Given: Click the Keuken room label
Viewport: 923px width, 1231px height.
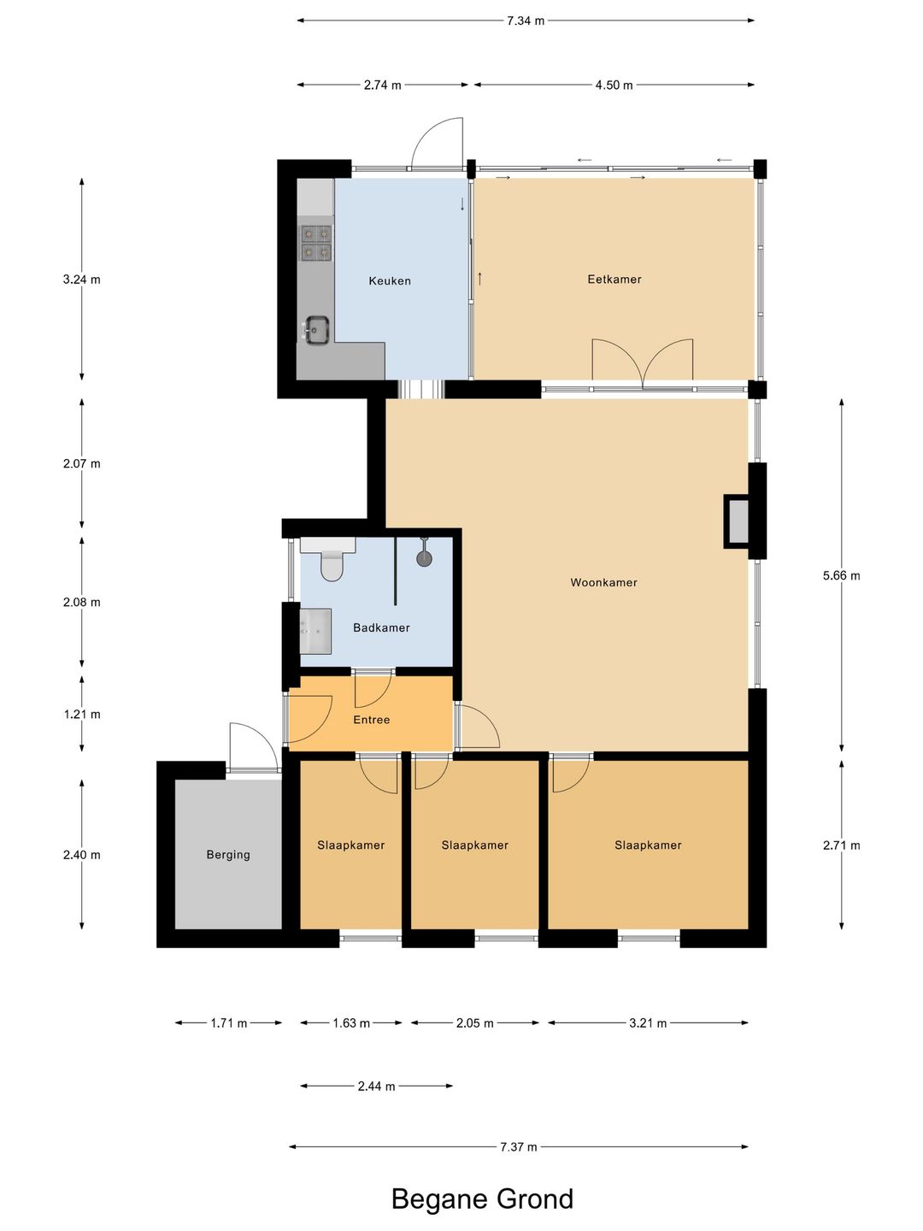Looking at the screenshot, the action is (390, 281).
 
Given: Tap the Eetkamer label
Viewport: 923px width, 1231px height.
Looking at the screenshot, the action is (614, 280).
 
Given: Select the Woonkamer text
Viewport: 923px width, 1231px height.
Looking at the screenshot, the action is (603, 583).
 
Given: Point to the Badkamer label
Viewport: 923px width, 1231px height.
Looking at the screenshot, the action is (381, 628).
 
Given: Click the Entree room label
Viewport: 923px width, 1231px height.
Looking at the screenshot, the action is (371, 720).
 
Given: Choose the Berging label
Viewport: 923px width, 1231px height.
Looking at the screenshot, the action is (228, 855).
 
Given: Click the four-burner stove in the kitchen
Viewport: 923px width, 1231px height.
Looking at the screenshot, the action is (316, 243).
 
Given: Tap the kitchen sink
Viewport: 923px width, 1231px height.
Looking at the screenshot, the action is (316, 329).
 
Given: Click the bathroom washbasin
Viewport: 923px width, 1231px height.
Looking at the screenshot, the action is (315, 632).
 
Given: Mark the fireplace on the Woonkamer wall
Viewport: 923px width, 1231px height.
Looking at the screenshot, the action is (738, 521).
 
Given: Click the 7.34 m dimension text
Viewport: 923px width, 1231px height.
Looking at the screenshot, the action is (525, 21).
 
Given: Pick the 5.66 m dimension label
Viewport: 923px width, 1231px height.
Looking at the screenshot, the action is (841, 575).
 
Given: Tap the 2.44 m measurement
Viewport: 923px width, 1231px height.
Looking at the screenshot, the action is (376, 1087).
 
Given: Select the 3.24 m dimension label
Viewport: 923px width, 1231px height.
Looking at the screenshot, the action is (82, 280).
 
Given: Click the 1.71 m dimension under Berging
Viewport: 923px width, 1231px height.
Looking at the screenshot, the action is (229, 1023).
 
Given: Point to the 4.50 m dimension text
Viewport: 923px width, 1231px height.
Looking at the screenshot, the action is (614, 85).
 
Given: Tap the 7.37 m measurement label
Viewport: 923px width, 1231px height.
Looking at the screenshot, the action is (519, 1147).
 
